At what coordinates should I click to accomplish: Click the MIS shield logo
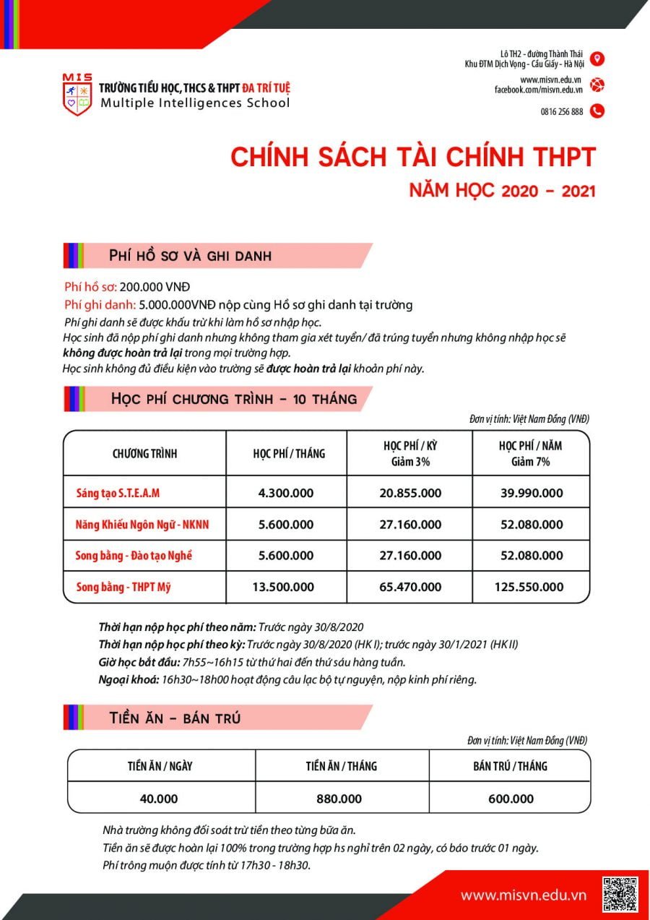[x=78, y=94]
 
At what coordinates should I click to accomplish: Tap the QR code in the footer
[x=620, y=894]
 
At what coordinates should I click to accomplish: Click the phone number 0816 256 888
[x=562, y=111]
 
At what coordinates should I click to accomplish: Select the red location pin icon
[x=597, y=59]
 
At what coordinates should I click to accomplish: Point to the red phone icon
[x=597, y=111]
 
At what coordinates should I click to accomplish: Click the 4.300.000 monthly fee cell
[x=286, y=493]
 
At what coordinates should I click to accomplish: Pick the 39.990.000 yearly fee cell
[x=531, y=493]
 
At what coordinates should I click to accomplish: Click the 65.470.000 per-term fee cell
[x=410, y=587]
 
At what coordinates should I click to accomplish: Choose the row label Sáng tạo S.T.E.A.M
[x=118, y=493]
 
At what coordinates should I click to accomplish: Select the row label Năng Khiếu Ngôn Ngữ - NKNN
[x=142, y=525]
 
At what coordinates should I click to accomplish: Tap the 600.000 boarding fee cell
[x=510, y=799]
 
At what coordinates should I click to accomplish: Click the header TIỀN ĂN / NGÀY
[x=160, y=766]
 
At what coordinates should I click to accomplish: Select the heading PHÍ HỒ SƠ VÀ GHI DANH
[x=190, y=255]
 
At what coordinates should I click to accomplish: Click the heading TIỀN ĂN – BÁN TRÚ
[x=175, y=718]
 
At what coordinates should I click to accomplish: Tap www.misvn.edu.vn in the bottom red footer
[x=524, y=895]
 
